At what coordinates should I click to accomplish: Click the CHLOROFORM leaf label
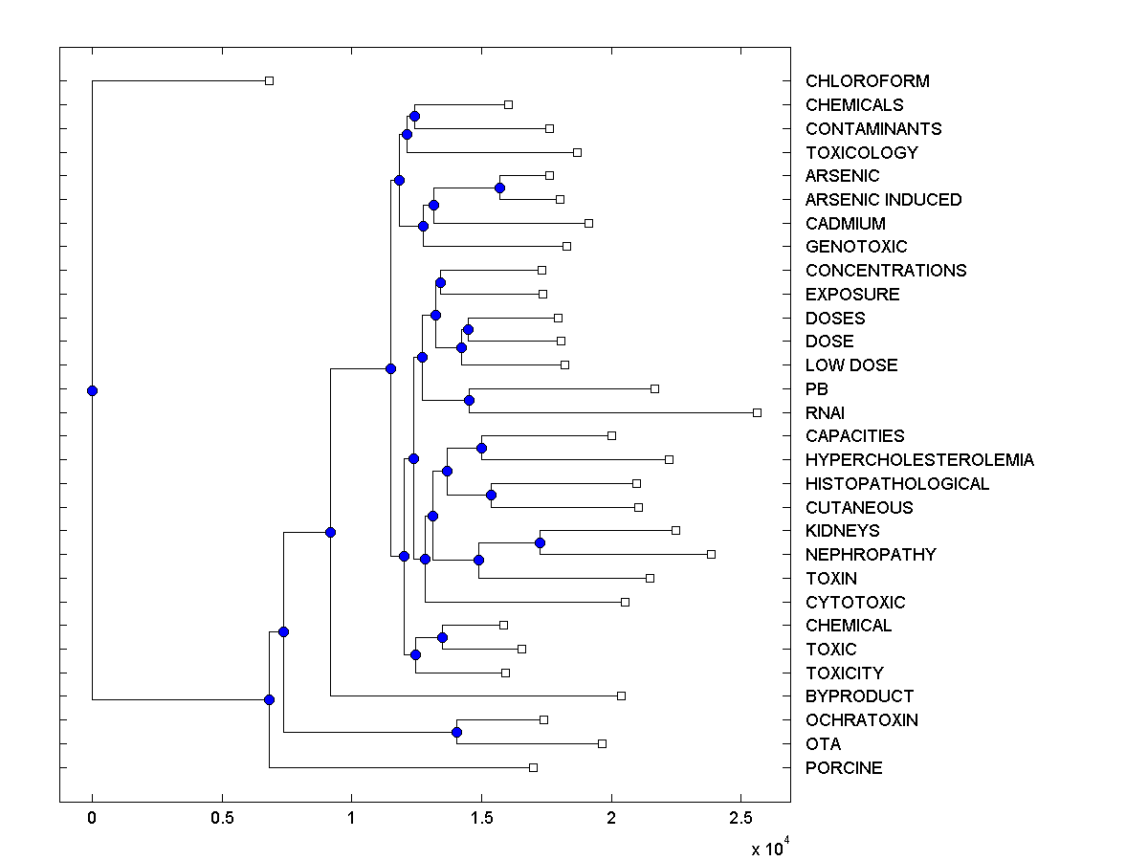[867, 81]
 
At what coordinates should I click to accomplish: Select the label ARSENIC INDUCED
[883, 200]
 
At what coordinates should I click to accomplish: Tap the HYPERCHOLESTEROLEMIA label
[919, 460]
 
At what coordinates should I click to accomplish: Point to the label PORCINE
[844, 768]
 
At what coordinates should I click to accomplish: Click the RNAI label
[825, 413]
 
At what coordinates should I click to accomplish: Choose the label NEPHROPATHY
[871, 555]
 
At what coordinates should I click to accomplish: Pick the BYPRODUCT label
[859, 696]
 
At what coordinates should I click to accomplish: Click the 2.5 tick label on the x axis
[740, 819]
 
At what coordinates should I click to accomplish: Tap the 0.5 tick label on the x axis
[222, 819]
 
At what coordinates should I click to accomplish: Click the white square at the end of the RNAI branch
[757, 412]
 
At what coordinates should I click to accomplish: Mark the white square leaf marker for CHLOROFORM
[269, 80]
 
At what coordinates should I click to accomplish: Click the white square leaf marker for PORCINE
[533, 767]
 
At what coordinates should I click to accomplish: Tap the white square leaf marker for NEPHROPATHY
[711, 554]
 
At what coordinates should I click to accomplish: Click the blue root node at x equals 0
[92, 390]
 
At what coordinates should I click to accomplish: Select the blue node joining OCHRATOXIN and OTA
[456, 732]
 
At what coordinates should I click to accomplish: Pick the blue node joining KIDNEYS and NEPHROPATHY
[540, 542]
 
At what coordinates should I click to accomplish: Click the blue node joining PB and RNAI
[469, 400]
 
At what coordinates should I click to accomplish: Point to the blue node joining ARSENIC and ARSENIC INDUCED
[499, 188]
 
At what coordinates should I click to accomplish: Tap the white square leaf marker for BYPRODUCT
[621, 695]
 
